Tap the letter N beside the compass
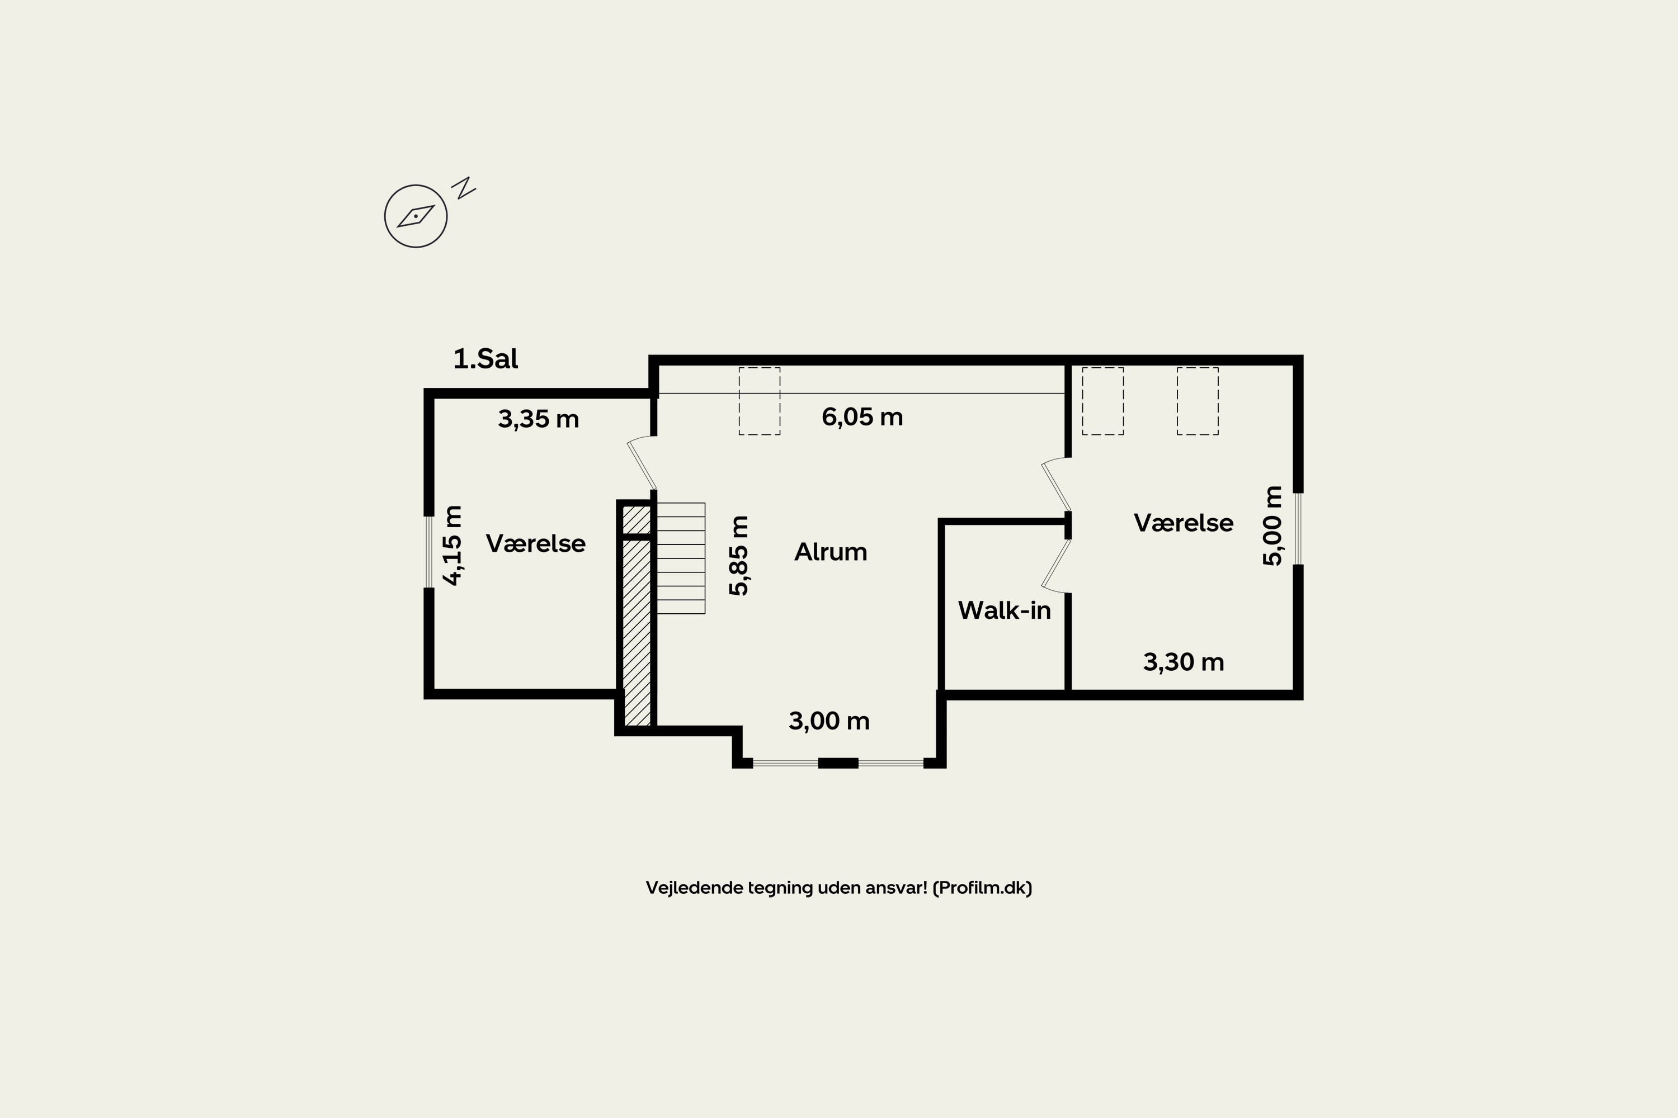pos(464,187)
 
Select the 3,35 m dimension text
pos(539,419)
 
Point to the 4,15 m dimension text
pos(453,546)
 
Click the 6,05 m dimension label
pos(862,417)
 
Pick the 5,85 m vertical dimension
pos(739,556)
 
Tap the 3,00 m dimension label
pos(829,721)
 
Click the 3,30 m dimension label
pos(1184,662)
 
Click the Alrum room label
pos(831,552)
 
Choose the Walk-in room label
pos(1005,610)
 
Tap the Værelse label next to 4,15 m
pos(536,544)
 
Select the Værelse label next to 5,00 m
pos(1184,523)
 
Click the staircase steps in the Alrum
pos(681,558)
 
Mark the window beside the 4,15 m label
pos(429,552)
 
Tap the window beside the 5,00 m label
pos(1298,529)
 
